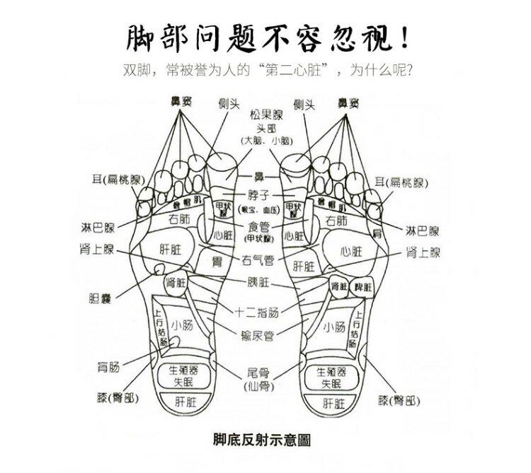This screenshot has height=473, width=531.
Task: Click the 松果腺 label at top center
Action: (265, 114)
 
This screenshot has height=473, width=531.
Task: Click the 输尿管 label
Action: (259, 335)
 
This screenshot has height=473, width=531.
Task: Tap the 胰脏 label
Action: (258, 282)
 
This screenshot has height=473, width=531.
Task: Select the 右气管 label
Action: (258, 259)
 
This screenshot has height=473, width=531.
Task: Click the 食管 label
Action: (260, 226)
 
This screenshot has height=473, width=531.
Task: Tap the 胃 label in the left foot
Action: (218, 262)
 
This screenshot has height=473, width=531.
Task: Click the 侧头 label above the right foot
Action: (304, 105)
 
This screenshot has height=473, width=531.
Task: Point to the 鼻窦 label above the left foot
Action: (180, 102)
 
